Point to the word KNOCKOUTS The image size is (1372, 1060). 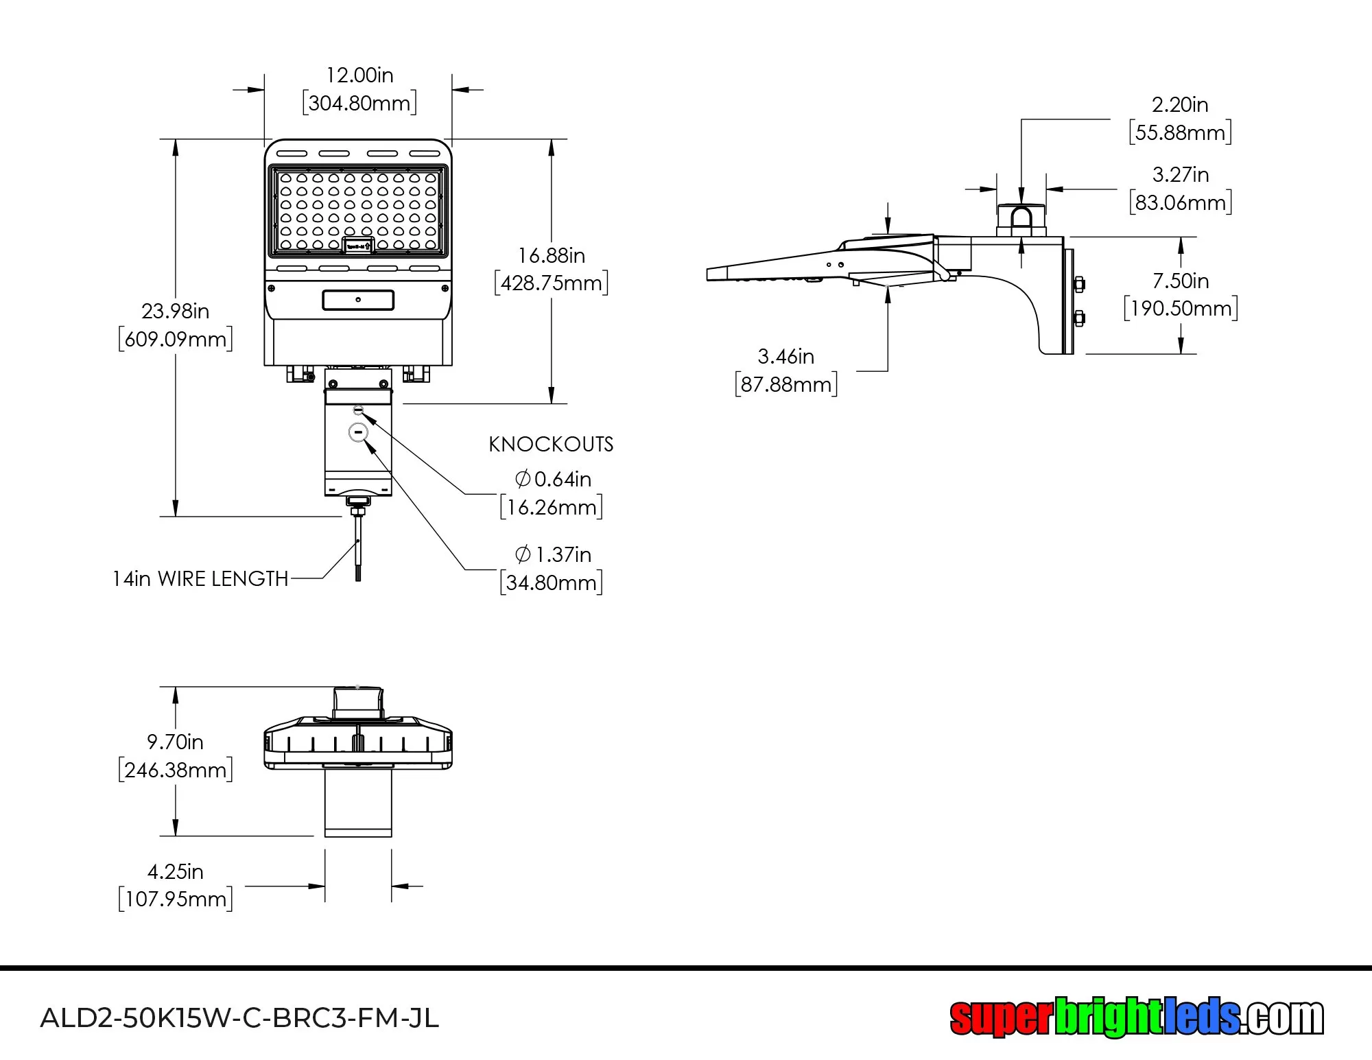551,445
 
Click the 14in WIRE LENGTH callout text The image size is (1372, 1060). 200,579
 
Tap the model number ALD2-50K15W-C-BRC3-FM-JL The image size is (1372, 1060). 239,1018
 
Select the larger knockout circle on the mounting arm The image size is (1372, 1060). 359,432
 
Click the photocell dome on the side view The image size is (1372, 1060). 1021,218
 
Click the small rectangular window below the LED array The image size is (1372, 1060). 358,300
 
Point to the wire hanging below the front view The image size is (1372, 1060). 358,549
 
